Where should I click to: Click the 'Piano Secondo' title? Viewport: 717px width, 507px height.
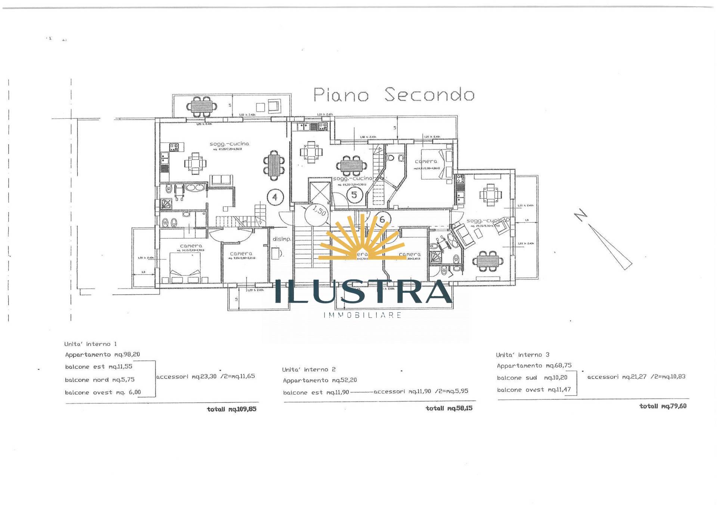(x=394, y=95)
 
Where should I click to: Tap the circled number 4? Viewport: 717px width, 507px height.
(x=275, y=197)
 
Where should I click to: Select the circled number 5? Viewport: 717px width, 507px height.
(x=354, y=194)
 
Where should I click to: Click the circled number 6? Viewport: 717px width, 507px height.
(x=382, y=219)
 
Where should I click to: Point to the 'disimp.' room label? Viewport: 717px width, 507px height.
(x=282, y=239)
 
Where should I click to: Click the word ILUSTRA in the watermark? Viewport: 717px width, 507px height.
(x=363, y=292)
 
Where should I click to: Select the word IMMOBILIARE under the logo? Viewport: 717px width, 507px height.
(x=363, y=315)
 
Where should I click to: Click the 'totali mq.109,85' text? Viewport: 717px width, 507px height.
(x=232, y=409)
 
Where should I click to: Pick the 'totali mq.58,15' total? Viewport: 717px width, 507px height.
(x=449, y=408)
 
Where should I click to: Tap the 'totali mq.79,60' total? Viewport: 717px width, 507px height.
(x=663, y=406)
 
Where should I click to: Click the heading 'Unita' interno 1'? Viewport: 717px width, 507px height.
(x=90, y=344)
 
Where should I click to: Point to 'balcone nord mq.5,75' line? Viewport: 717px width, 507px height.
(x=100, y=380)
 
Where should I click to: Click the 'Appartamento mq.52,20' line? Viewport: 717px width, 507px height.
(x=320, y=380)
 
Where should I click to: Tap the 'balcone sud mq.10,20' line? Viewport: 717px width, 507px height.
(x=532, y=378)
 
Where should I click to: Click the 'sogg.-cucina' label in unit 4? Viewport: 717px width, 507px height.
(x=229, y=144)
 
